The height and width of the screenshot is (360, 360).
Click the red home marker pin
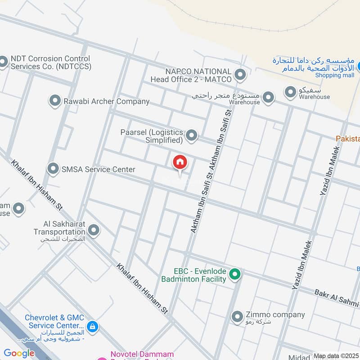180,162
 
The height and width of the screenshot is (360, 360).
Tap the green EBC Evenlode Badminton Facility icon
234,274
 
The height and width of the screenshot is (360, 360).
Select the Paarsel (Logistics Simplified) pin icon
192,135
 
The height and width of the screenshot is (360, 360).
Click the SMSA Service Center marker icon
53,169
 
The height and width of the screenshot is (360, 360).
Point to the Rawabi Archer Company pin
55,101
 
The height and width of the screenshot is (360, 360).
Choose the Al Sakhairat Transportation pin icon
94,230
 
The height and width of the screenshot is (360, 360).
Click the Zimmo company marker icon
237,317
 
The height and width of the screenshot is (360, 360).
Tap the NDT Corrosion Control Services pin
3,62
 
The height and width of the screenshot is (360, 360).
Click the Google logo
19,354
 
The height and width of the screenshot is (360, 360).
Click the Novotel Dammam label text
138,355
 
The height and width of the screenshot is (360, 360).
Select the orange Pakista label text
348,139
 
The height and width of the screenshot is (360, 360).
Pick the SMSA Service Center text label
99,170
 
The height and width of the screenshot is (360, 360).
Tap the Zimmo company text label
275,315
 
